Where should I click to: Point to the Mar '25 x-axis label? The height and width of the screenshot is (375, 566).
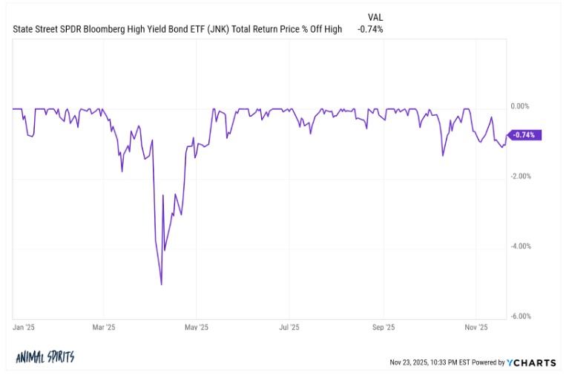pos(105,327)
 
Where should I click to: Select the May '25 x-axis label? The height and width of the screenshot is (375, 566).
pos(197,327)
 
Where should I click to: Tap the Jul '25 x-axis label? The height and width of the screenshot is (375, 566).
pos(289,327)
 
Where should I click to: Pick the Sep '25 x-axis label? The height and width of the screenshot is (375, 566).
pos(383,327)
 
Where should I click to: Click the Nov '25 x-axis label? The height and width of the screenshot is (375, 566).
pos(475,327)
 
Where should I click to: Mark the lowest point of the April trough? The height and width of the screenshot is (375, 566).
pos(161,284)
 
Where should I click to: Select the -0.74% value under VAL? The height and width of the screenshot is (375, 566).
pos(370,30)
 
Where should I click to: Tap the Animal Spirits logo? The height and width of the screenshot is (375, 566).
pos(45,358)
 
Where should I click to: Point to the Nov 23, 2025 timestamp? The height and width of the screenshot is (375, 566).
pos(430,363)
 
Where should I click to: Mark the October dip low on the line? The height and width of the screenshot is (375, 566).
pos(443,155)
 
